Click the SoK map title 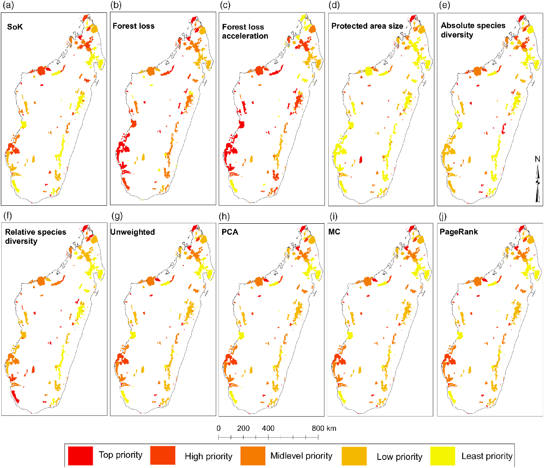pos(15,27)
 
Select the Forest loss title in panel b pos(134,26)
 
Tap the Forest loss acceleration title pos(245,32)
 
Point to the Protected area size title pos(367,26)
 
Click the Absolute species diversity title pos(473,30)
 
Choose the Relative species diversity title pos(36,237)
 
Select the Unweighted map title pos(133,232)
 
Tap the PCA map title pos(230,232)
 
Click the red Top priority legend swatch pos(80,456)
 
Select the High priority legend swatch pos(163,456)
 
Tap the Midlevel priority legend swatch pos(253,456)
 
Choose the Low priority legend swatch pos(354,456)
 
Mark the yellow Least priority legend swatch pos(443,456)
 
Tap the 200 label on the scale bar pos(243,428)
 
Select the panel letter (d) pos(334,6)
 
